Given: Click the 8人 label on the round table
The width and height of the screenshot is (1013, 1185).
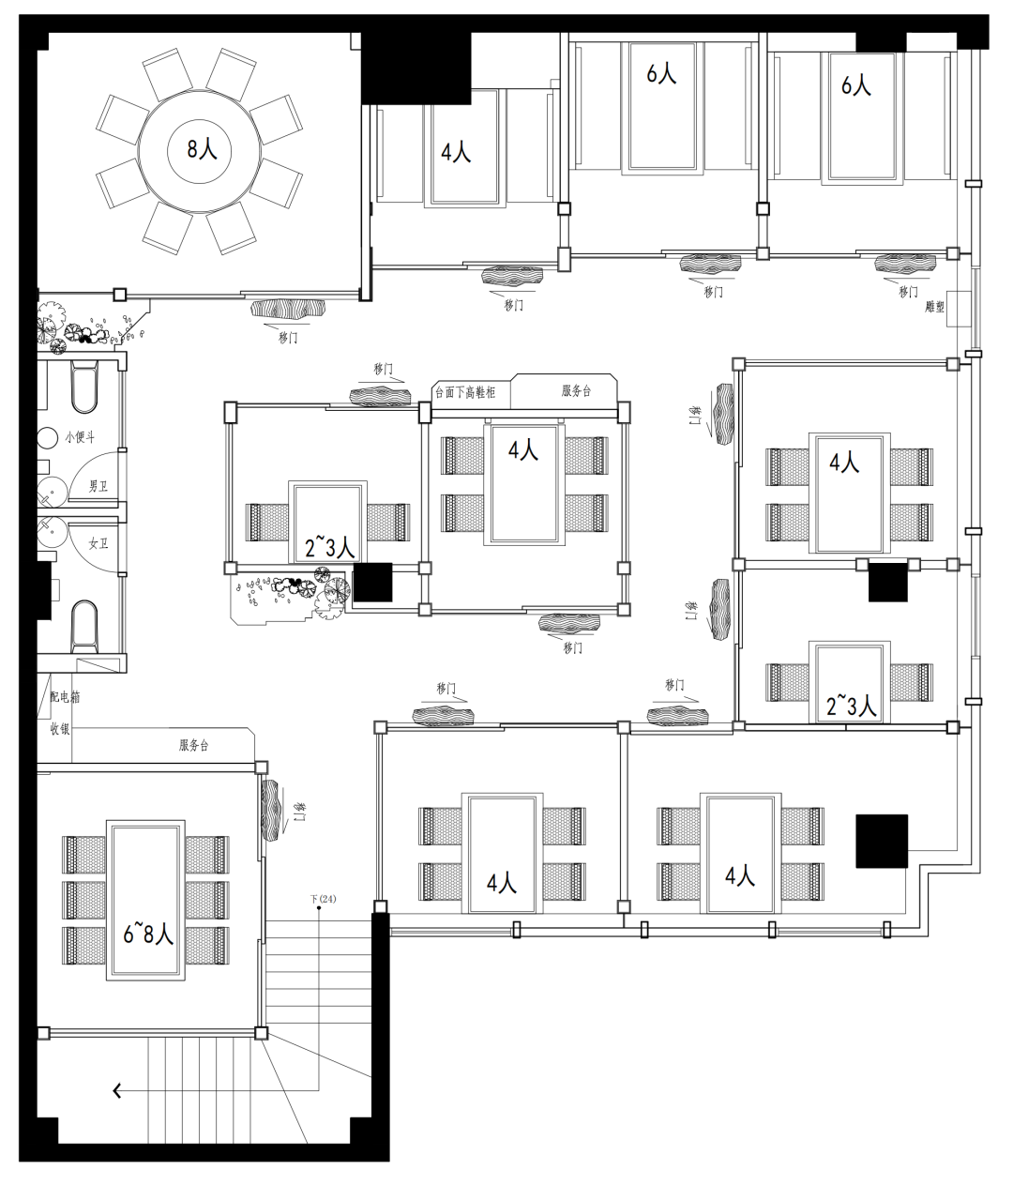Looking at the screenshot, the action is pos(202,149).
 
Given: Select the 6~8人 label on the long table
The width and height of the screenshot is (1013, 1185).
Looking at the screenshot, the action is pos(148,934).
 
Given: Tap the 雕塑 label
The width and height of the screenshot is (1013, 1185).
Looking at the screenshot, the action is pos(934,307).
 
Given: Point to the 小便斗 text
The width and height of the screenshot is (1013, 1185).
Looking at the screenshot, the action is pos(80,437).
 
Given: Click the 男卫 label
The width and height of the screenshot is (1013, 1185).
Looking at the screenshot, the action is pos(98,486).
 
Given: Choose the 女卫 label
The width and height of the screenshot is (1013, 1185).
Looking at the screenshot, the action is pos(98,543).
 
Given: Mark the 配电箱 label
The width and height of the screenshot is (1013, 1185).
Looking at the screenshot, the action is pos(65,697).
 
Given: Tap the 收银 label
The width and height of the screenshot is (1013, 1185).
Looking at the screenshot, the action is pos(60,729).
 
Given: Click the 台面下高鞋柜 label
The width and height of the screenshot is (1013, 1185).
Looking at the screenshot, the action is pos(465,392).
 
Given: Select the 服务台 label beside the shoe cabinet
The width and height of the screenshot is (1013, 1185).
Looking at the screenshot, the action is pos(576,391).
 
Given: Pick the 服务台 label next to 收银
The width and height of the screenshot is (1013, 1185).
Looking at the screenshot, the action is pos(194,745).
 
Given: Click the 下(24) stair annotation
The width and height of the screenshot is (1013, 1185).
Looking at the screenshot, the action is pos(324,899).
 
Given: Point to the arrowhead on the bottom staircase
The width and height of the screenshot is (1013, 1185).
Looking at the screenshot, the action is pos(117,1090).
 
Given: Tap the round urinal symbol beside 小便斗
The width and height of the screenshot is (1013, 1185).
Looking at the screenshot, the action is pos(48,438).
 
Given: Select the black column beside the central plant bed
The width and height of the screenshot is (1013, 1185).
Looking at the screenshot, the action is pos(372,583).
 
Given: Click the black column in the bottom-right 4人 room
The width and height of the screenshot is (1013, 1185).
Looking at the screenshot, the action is pos(882,841).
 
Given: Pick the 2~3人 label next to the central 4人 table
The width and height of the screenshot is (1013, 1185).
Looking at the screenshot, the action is pos(329,549).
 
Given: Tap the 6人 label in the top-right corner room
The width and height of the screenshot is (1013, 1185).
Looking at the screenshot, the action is pos(856,85).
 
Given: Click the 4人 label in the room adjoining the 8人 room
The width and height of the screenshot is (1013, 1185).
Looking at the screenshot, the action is pos(456,153).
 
